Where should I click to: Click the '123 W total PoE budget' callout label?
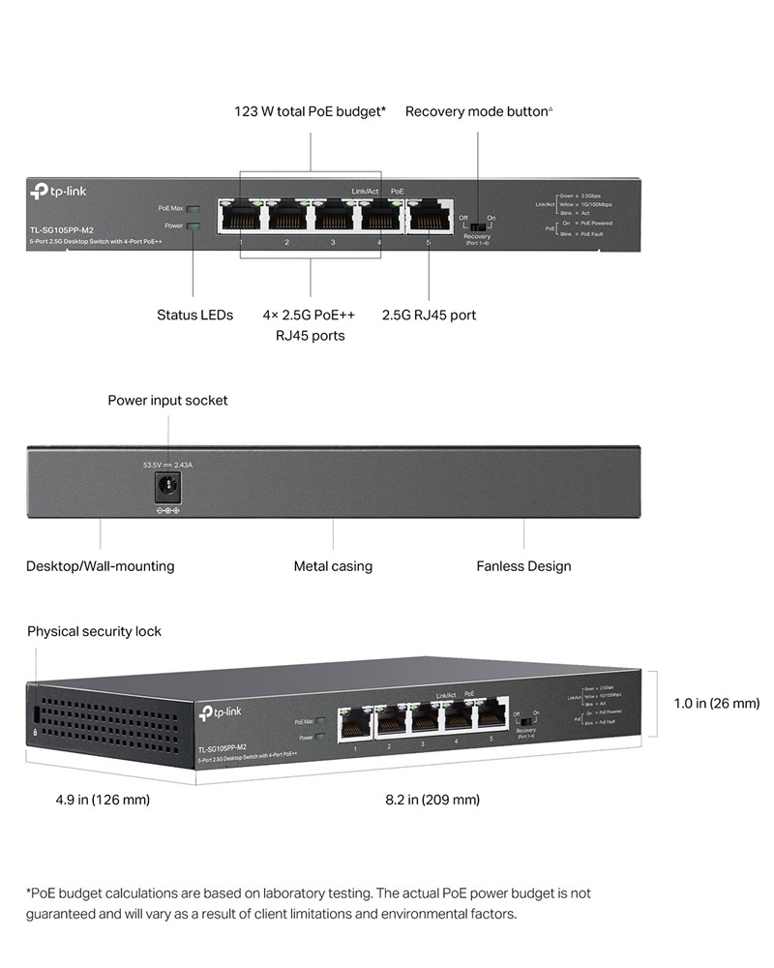tap(310, 111)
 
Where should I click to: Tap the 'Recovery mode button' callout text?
tap(478, 111)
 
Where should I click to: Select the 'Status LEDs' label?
tap(194, 315)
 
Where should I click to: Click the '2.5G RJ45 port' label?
tap(429, 315)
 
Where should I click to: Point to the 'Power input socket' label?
tap(167, 400)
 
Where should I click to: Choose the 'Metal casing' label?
tap(333, 566)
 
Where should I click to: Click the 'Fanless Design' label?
tap(523, 566)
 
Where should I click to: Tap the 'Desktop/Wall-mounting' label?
tap(101, 566)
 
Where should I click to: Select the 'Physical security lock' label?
tap(94, 631)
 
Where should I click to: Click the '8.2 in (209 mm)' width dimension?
tap(432, 800)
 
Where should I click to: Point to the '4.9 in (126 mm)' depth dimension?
tap(103, 800)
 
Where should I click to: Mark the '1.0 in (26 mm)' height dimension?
tap(716, 703)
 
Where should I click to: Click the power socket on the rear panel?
tap(168, 486)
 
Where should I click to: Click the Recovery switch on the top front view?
tap(477, 220)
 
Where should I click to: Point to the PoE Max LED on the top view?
tap(193, 208)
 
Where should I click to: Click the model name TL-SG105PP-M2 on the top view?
tap(61, 229)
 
